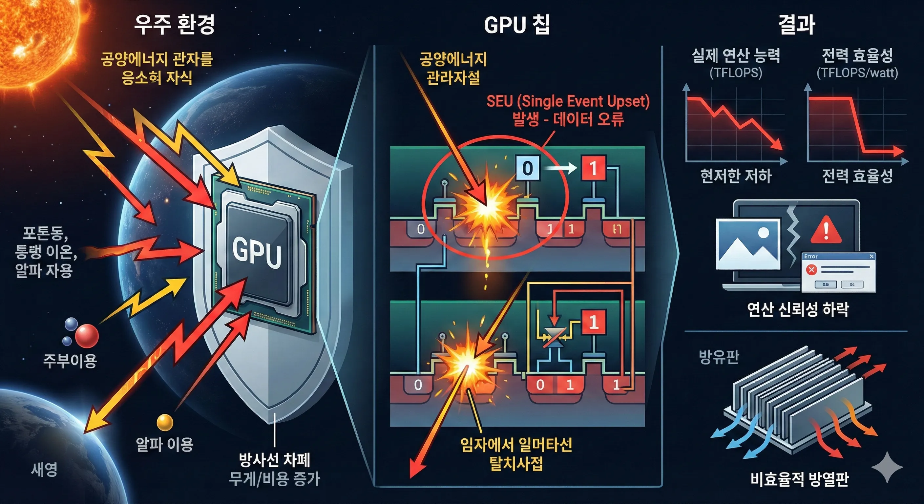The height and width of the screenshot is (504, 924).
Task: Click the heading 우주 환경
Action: tap(174, 24)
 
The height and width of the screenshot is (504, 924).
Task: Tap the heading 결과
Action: tap(797, 24)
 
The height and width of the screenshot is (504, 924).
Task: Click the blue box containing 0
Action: tap(527, 168)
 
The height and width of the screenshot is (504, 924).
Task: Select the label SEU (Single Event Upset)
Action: tap(568, 101)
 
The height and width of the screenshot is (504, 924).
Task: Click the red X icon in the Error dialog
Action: tap(811, 269)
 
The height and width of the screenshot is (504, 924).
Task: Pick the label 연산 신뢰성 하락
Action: tap(798, 309)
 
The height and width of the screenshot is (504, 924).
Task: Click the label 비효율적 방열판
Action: tap(800, 479)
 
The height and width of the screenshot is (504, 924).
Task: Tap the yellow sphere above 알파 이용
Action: tap(165, 422)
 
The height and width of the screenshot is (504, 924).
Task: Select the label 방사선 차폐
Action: tap(274, 460)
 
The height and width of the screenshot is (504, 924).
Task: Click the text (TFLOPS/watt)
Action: tap(857, 73)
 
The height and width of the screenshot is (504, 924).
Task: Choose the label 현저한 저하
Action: tap(736, 176)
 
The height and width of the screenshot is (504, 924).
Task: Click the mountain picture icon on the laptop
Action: tap(748, 244)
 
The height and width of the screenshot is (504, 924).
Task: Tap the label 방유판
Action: tap(719, 357)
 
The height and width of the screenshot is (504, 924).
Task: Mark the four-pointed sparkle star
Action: tap(887, 467)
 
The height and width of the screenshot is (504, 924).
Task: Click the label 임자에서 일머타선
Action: tap(516, 445)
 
